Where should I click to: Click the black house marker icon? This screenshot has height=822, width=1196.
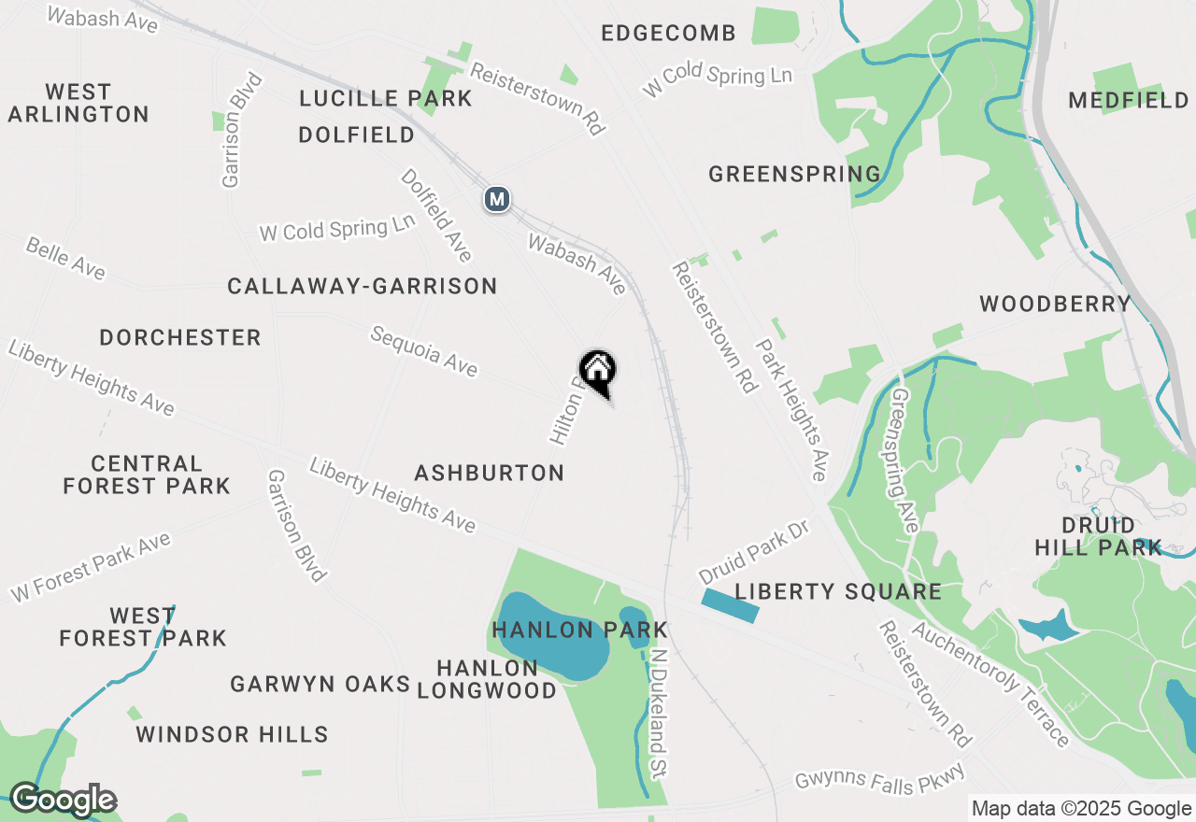(x=597, y=371)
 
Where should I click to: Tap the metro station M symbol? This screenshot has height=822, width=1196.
(x=497, y=199)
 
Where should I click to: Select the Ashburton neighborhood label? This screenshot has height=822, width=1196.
(x=490, y=473)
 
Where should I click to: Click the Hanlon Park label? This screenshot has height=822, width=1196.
(x=579, y=631)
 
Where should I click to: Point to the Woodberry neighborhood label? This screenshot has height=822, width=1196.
(x=1055, y=304)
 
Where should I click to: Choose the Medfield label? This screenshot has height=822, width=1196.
(x=1128, y=100)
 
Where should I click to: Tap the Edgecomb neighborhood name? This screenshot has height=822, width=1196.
(x=668, y=34)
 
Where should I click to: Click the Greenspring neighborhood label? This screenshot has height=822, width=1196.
(x=794, y=174)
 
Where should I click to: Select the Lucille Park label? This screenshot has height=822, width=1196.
(x=385, y=98)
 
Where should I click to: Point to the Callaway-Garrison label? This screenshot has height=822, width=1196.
(x=362, y=286)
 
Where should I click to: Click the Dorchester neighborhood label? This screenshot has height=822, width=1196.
(x=180, y=337)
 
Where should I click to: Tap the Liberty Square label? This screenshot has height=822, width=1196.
(x=837, y=591)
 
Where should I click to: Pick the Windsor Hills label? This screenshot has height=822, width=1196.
(x=232, y=734)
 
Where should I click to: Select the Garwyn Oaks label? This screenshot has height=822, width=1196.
(x=320, y=684)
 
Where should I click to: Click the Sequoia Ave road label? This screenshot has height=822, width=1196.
(x=423, y=350)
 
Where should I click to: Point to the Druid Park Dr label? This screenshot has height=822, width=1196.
(x=752, y=551)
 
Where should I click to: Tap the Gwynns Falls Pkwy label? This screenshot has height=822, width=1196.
(x=878, y=779)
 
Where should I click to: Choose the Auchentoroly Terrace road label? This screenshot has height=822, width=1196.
(x=990, y=685)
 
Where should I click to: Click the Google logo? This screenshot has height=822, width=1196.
(x=62, y=800)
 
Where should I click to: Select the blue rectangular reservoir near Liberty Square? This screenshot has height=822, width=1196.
(x=729, y=605)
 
